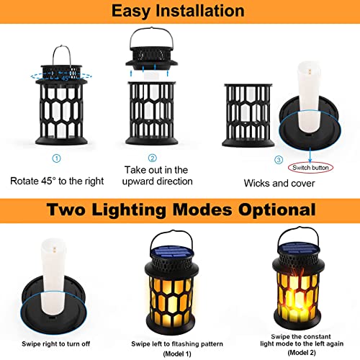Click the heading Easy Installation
[x=179, y=11]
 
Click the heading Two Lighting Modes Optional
[x=179, y=211]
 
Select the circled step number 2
[x=152, y=158]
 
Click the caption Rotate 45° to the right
[x=57, y=180]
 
